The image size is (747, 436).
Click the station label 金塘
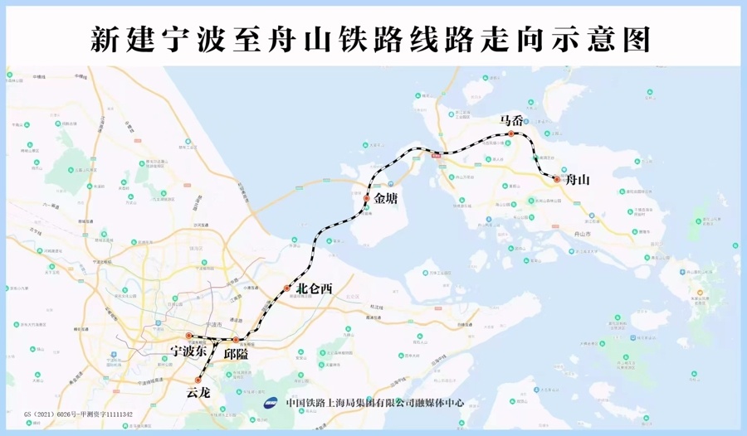coord(386,199)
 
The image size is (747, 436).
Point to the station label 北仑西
coord(314,288)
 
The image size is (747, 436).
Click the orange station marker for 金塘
coord(366,199)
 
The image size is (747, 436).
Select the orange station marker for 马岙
coord(511,133)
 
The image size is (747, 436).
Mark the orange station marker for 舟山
coord(556,178)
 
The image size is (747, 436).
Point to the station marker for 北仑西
coord(287,288)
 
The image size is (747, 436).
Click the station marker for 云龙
coord(198,380)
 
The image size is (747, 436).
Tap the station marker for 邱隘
coord(236,340)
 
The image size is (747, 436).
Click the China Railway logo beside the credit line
coord(272,404)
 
